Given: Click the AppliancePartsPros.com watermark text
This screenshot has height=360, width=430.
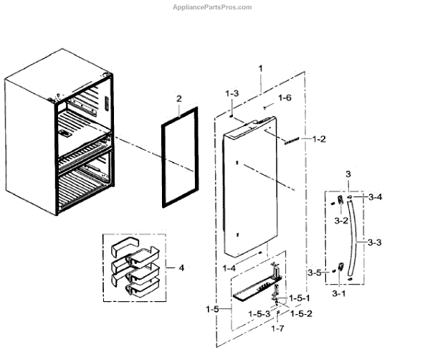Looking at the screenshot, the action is point(213,7).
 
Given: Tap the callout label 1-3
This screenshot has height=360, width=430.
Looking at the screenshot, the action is point(231,94).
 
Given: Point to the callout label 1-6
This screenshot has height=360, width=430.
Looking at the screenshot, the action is point(285,98).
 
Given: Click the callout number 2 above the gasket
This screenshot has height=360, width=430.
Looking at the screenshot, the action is point(179,98).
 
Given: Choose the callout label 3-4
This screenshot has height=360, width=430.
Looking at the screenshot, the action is point(374,196).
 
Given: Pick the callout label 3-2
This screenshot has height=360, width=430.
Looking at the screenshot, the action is point(341,220).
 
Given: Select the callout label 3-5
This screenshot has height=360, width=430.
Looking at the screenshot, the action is point(314,273).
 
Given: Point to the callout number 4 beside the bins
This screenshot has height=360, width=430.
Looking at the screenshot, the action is point(181,268).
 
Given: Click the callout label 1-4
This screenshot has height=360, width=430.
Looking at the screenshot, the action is point(229,267).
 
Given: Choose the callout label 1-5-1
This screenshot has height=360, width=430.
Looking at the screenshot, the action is point(302,298).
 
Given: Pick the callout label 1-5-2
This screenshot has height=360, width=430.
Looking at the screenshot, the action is point(300,313).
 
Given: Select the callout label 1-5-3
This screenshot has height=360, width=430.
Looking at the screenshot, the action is point(260,314).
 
